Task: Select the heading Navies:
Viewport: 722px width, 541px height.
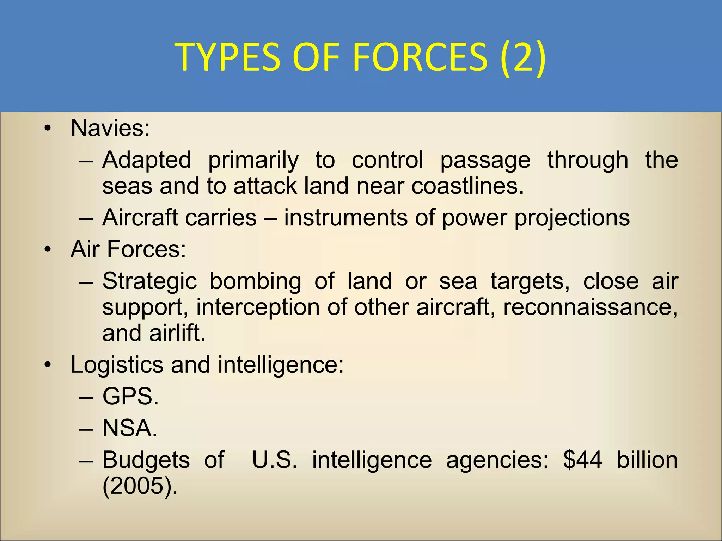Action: [110, 128]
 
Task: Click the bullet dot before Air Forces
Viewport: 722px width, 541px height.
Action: [48, 250]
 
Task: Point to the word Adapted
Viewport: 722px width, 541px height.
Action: [147, 160]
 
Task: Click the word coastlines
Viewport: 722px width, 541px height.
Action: [467, 186]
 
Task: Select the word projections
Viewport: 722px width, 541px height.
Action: [571, 218]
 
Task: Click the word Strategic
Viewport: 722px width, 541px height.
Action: [149, 281]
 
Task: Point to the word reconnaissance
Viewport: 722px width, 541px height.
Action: [590, 307]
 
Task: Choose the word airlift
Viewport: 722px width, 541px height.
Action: [177, 333]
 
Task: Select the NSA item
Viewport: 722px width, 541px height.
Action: [130, 428]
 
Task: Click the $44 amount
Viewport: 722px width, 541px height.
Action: [582, 460]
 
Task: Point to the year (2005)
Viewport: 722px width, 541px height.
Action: [140, 486]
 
